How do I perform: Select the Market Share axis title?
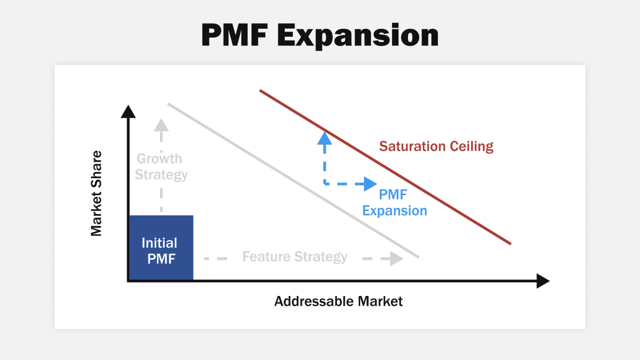[x=96, y=193]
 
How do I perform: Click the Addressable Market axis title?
[x=338, y=301]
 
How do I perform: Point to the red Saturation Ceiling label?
[x=436, y=146]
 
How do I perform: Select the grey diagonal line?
[x=293, y=180]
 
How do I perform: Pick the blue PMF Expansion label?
[x=395, y=203]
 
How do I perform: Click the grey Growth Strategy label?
[x=161, y=166]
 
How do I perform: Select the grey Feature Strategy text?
[x=294, y=257]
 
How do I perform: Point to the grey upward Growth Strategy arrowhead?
[x=161, y=124]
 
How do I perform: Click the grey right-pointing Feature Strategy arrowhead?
[x=396, y=259]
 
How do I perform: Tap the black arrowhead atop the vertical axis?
[x=128, y=111]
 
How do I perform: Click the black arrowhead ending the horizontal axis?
[x=542, y=281]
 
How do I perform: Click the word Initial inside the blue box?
[x=159, y=243]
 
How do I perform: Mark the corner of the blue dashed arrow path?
[x=324, y=184]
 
